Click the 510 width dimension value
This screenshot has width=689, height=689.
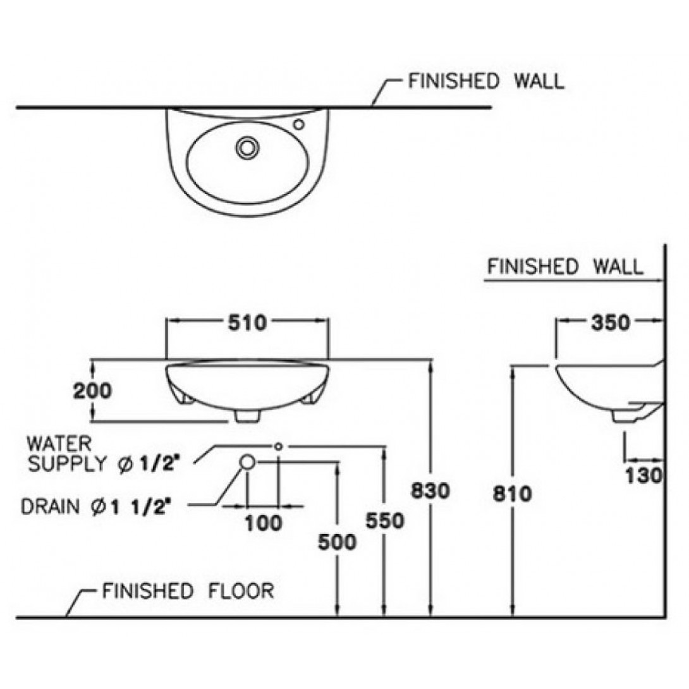(247, 323)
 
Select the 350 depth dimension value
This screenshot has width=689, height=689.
(611, 323)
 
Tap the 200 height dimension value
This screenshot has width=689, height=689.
(92, 391)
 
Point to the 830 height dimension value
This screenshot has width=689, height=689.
(430, 491)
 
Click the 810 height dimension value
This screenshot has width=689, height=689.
(512, 494)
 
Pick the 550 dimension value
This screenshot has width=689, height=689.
(385, 521)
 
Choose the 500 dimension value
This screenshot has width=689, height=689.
(337, 542)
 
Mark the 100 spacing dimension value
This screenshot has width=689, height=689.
(263, 523)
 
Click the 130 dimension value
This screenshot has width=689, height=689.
(643, 475)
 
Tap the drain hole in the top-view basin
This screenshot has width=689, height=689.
(247, 148)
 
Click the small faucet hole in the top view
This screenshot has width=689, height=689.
(299, 125)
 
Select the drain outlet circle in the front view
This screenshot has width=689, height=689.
(247, 462)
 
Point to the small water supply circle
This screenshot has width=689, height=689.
(278, 446)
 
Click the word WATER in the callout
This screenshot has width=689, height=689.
(59, 444)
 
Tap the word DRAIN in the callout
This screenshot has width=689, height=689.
(51, 507)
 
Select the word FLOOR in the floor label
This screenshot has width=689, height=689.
(241, 591)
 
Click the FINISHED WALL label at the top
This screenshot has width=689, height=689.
(486, 82)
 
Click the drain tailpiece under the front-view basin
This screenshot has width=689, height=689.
(247, 416)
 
